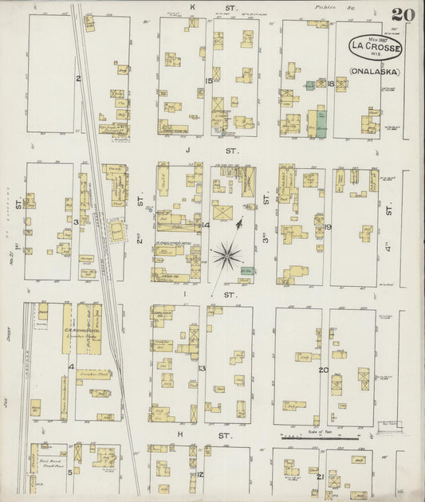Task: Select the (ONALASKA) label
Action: (x=374, y=71)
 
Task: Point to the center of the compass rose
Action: (x=228, y=256)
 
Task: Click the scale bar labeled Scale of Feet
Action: (x=315, y=437)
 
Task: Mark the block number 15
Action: (x=209, y=80)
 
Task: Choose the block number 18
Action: (x=330, y=83)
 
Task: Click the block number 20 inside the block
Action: (x=323, y=370)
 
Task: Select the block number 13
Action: (x=203, y=368)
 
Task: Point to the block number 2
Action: (x=78, y=78)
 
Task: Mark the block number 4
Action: (x=71, y=367)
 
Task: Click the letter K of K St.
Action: (x=192, y=7)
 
